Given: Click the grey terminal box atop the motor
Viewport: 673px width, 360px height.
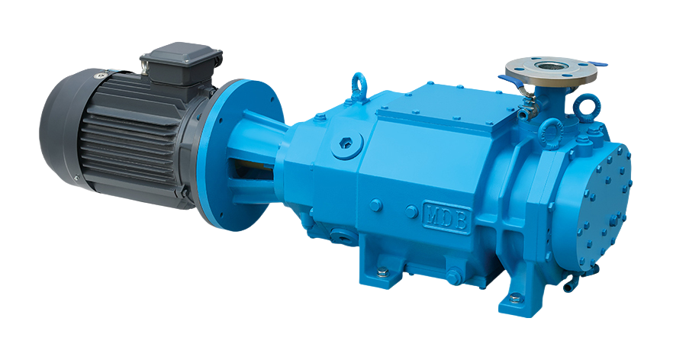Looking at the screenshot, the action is click(x=181, y=63).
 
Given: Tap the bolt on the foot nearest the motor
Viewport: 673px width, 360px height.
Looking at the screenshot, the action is click(x=382, y=272).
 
